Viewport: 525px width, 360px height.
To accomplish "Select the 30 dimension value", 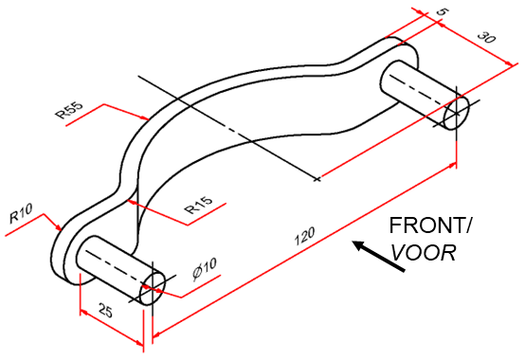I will (485, 40).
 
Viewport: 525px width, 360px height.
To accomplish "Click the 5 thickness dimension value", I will (442, 12).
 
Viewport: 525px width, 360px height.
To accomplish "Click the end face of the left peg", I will (152, 290).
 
